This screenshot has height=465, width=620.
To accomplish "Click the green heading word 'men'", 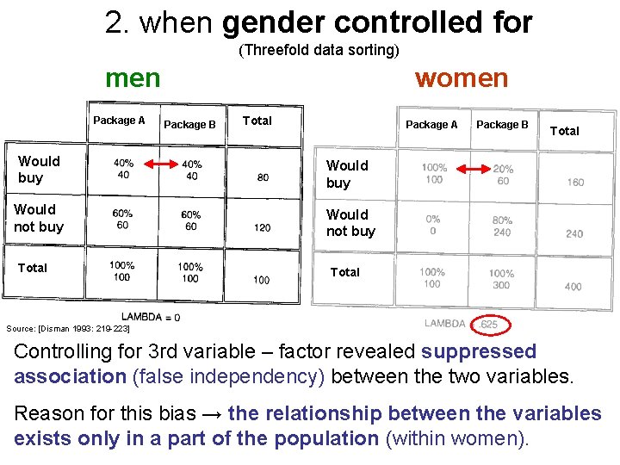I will tap(133, 78).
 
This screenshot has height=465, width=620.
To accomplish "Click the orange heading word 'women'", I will tap(461, 78).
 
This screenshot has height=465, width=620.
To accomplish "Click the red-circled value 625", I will tap(489, 325).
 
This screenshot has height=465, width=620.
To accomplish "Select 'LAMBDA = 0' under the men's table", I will tap(151, 317).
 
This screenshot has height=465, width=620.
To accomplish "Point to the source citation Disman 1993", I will tap(67, 328).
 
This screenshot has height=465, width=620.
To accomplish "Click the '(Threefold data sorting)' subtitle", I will tap(319, 50).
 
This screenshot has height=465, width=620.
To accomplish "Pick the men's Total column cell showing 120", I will tap(262, 227).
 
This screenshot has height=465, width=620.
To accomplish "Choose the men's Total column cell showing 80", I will tap(262, 178).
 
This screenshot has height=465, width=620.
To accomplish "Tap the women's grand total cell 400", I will tap(573, 286).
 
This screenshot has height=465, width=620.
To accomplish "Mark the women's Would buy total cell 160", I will tap(574, 182).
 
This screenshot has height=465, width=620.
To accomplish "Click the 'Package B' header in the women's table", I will tap(502, 125).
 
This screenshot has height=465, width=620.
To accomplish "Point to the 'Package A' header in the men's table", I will tap(119, 121).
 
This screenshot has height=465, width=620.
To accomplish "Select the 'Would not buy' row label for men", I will tap(39, 218).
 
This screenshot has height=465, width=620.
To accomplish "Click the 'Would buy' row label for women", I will tap(347, 174).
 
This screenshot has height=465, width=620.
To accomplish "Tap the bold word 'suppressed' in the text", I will tap(479, 352).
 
